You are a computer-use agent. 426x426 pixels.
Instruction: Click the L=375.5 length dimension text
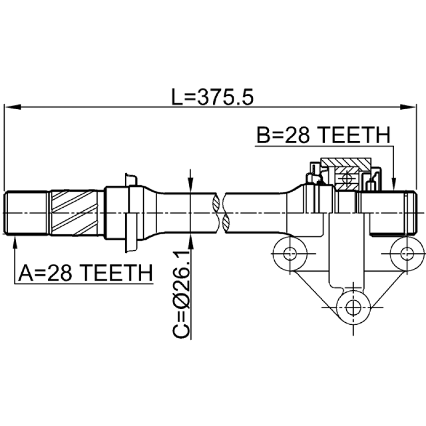click(x=212, y=97)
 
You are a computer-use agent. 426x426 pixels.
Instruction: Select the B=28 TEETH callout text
click(x=324, y=135)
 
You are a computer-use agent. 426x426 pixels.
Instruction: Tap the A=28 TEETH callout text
click(x=85, y=273)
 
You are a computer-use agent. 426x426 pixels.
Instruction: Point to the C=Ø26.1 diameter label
click(x=181, y=294)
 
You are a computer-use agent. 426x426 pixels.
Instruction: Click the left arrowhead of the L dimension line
click(x=13, y=107)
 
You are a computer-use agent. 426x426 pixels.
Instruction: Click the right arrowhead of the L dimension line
click(x=407, y=107)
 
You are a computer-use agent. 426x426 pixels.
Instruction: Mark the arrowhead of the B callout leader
click(x=394, y=183)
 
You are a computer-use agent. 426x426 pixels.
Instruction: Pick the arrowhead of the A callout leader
click(x=15, y=241)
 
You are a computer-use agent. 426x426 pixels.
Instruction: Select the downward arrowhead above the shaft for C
click(x=191, y=185)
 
